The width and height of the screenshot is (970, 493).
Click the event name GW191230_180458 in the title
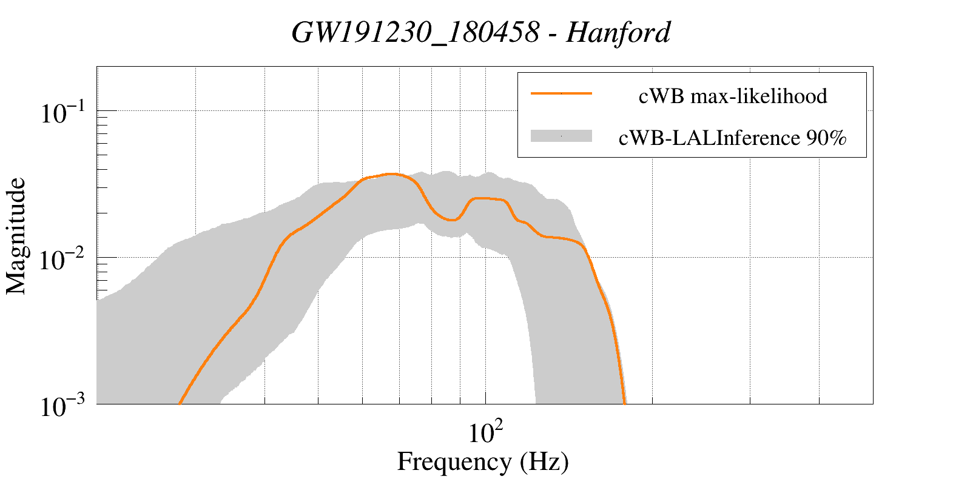(415, 32)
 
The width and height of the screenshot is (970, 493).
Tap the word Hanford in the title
(618, 32)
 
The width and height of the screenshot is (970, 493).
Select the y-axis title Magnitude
(16, 236)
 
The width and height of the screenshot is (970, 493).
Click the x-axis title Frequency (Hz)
(483, 461)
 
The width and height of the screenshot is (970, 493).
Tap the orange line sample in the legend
(561, 93)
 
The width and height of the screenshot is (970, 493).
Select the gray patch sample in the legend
(561, 136)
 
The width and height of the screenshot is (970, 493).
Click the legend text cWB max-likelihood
(733, 96)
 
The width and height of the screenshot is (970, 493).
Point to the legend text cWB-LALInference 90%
(732, 138)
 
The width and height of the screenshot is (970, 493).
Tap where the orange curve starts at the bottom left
(180, 403)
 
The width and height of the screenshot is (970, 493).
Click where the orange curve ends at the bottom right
(625, 403)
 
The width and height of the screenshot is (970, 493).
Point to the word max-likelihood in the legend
(759, 96)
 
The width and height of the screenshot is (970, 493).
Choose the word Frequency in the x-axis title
(454, 461)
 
